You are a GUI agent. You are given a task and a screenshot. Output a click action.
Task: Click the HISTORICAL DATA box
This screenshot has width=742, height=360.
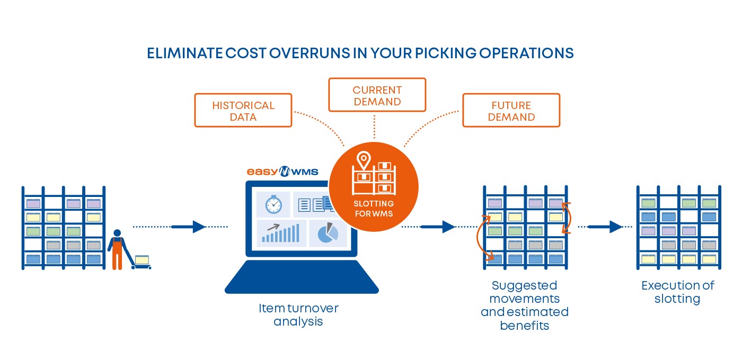[243, 111]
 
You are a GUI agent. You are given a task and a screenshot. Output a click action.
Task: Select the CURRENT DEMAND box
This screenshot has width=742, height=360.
[377, 95]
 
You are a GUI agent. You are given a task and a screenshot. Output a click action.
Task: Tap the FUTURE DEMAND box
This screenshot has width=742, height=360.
[511, 111]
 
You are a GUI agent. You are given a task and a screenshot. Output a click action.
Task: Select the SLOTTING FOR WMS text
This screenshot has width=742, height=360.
[374, 209]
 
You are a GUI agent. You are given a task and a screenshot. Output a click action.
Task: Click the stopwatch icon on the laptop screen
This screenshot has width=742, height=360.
[273, 204]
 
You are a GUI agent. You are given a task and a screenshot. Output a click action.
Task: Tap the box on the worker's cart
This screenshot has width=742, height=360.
[142, 259]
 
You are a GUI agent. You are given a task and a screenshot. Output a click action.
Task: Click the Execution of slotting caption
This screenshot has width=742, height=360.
[677, 292]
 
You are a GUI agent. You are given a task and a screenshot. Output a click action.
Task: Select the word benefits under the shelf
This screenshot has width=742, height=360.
[524, 325]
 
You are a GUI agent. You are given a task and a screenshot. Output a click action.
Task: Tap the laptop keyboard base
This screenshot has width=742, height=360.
[302, 278]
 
